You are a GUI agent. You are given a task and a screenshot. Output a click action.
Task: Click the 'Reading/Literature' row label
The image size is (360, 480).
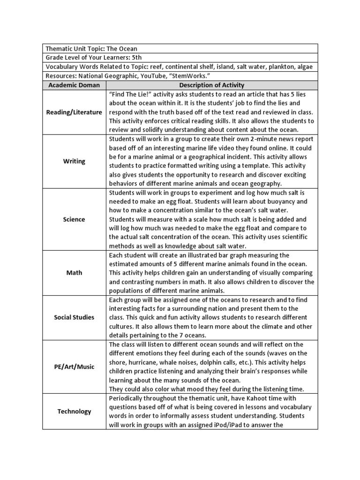(74, 112)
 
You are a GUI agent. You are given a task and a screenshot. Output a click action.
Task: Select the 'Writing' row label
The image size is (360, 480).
(74, 161)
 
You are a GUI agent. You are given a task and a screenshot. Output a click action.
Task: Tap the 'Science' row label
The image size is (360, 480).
(74, 219)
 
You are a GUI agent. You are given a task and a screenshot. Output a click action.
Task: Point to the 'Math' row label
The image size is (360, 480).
(74, 273)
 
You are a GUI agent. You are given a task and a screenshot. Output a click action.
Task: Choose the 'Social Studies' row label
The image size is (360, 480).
(74, 317)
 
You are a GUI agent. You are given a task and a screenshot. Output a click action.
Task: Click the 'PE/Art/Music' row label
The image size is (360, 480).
(74, 367)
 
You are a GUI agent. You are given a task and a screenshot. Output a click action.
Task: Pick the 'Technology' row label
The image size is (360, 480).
(74, 412)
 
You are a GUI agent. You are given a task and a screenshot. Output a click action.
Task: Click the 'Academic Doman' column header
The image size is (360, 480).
(74, 85)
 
